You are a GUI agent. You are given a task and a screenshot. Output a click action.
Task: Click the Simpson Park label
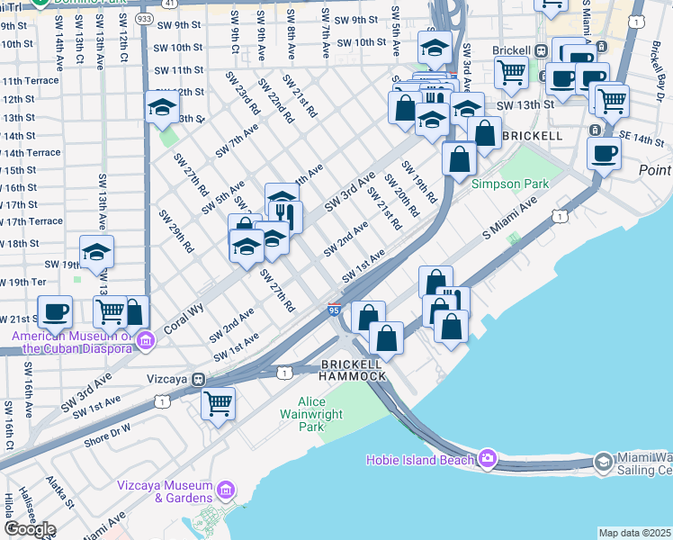[510, 184]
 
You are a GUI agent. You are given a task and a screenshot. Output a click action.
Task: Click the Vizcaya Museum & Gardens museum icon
[225, 490]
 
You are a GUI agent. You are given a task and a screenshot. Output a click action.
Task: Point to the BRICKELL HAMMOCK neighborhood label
[354, 369]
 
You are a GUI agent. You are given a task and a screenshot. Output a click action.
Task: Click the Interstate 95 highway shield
[334, 310]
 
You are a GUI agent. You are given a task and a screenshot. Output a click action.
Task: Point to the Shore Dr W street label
[107, 434]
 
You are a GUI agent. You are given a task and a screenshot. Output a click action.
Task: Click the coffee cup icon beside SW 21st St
[55, 311]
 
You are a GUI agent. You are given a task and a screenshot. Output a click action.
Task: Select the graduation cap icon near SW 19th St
[96, 253]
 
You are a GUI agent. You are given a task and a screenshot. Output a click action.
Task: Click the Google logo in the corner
[30, 529]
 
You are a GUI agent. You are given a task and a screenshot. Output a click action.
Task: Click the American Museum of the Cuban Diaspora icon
[145, 340]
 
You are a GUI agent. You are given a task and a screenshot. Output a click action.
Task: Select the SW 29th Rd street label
[176, 231]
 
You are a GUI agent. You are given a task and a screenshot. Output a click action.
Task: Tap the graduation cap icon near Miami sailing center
[605, 462]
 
